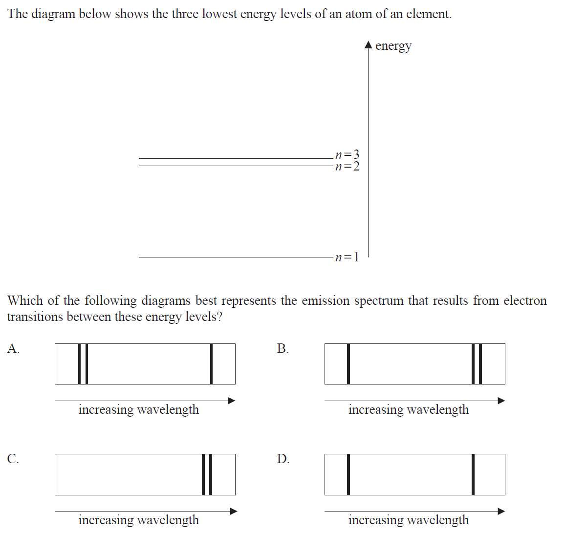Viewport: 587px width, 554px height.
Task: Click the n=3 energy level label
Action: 348,155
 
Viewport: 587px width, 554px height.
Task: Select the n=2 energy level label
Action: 348,167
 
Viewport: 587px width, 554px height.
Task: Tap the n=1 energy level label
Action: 348,257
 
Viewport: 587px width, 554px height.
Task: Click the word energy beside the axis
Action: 393,46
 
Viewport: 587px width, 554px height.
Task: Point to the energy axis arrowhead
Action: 369,45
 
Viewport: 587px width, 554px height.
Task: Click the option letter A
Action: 13,348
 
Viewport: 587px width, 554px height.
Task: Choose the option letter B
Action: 283,348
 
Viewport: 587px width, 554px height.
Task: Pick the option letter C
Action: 13,459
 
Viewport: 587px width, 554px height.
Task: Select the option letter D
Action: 283,459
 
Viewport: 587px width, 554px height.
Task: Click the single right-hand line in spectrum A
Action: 211,364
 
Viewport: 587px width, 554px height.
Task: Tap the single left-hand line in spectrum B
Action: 348,364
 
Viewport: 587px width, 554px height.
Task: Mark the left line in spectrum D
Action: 348,474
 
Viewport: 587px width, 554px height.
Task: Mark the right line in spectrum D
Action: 473,474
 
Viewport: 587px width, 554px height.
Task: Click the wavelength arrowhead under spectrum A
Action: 232,401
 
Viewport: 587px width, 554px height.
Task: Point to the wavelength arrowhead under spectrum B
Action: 501,401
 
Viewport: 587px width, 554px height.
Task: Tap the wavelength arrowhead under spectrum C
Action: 234,511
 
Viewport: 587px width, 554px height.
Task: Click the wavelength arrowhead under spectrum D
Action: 501,511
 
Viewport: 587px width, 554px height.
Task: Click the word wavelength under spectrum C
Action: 168,520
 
